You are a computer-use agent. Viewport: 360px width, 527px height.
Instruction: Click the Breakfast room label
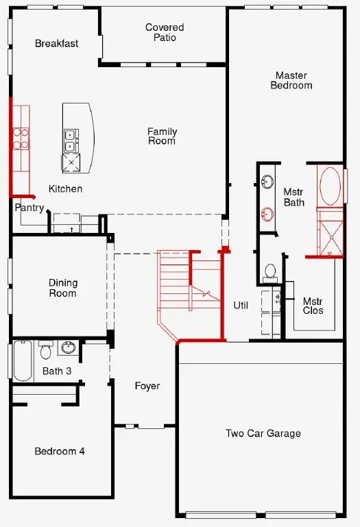pyautogui.click(x=56, y=43)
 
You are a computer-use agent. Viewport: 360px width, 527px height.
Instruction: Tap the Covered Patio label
pyautogui.click(x=165, y=32)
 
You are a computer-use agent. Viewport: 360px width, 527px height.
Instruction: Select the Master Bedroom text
pyautogui.click(x=291, y=80)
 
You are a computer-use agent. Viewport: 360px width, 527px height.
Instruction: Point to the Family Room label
pyautogui.click(x=162, y=136)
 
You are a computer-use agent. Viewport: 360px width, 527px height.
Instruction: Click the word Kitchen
pyautogui.click(x=66, y=189)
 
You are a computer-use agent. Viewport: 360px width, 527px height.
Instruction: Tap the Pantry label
pyautogui.click(x=29, y=208)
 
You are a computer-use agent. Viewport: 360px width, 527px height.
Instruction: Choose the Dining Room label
pyautogui.click(x=63, y=288)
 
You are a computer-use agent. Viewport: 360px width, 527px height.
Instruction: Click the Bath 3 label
pyautogui.click(x=57, y=371)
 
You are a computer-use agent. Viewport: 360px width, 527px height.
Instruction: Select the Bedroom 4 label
pyautogui.click(x=60, y=451)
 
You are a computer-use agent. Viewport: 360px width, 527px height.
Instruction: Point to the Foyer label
pyautogui.click(x=147, y=386)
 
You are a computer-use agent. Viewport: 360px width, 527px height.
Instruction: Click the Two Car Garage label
pyautogui.click(x=263, y=433)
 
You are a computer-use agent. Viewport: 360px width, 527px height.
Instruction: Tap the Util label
pyautogui.click(x=241, y=306)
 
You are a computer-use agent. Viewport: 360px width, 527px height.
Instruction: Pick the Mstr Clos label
pyautogui.click(x=313, y=306)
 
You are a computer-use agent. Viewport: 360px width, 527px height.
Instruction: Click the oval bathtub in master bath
pyautogui.click(x=331, y=186)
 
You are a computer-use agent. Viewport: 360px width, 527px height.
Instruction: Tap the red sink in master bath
pyautogui.click(x=267, y=214)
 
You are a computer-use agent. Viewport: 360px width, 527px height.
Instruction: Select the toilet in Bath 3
pyautogui.click(x=45, y=350)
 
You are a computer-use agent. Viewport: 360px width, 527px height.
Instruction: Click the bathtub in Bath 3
pyautogui.click(x=23, y=360)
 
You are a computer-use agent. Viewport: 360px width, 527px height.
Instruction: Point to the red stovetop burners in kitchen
pyautogui.click(x=21, y=138)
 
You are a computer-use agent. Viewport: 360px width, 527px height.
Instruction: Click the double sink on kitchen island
pyautogui.click(x=71, y=140)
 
